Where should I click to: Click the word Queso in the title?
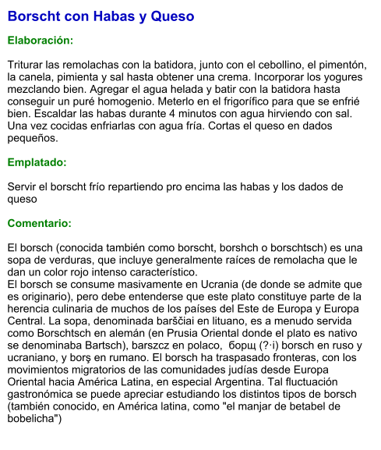(x=171, y=16)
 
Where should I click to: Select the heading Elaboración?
(x=41, y=40)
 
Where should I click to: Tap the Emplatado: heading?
(x=37, y=163)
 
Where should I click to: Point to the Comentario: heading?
(x=39, y=224)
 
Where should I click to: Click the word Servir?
(x=23, y=187)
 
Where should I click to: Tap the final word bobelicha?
(x=32, y=420)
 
